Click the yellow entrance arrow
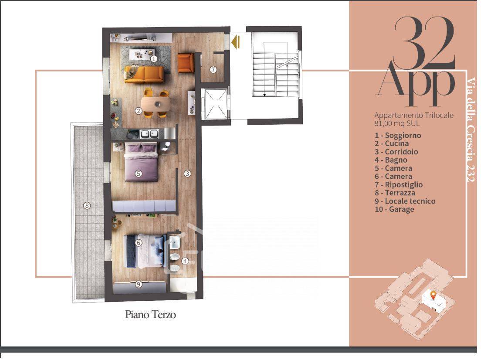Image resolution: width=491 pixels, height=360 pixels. click(235, 42)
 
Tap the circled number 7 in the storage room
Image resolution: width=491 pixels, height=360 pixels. click(213, 70)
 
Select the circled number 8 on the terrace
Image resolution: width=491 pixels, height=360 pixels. click(87, 206)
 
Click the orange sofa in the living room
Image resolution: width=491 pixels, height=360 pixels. click(144, 74)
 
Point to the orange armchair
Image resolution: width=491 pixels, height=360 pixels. click(186, 63)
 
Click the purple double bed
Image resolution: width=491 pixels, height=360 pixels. click(141, 162)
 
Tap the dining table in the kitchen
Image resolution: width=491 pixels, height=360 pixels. click(156, 103)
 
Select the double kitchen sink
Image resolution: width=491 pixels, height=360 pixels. click(149, 134)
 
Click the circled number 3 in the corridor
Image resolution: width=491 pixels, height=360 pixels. click(187, 173)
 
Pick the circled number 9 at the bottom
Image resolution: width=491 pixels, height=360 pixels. click(139, 284)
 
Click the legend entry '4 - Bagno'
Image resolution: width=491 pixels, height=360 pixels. click(391, 160)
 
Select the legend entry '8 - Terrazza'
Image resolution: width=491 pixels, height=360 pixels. click(395, 193)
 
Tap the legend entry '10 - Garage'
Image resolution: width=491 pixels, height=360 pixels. click(394, 209)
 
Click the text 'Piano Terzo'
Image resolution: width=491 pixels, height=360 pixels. click(150, 314)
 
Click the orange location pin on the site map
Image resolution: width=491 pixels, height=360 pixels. click(433, 295)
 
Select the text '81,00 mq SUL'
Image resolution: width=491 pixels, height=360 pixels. click(397, 123)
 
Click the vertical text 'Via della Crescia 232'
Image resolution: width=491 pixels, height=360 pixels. click(471, 129)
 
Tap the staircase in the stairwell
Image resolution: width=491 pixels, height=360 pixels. click(275, 75)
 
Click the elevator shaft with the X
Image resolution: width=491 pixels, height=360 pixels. click(215, 104)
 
